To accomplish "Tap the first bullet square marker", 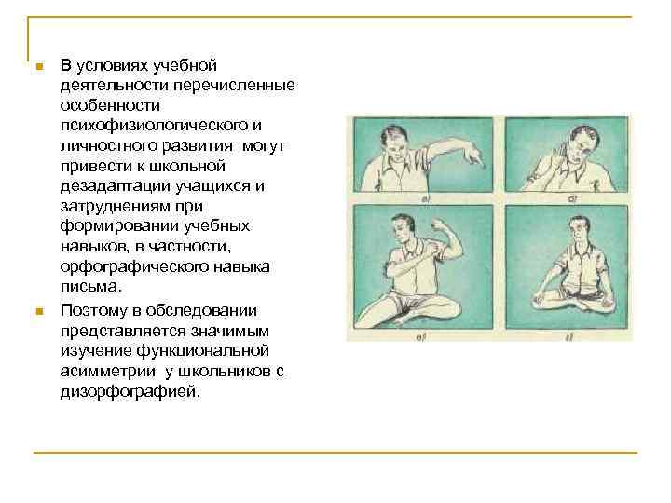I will click(x=37, y=68).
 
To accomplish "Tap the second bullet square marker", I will click(x=37, y=311).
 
